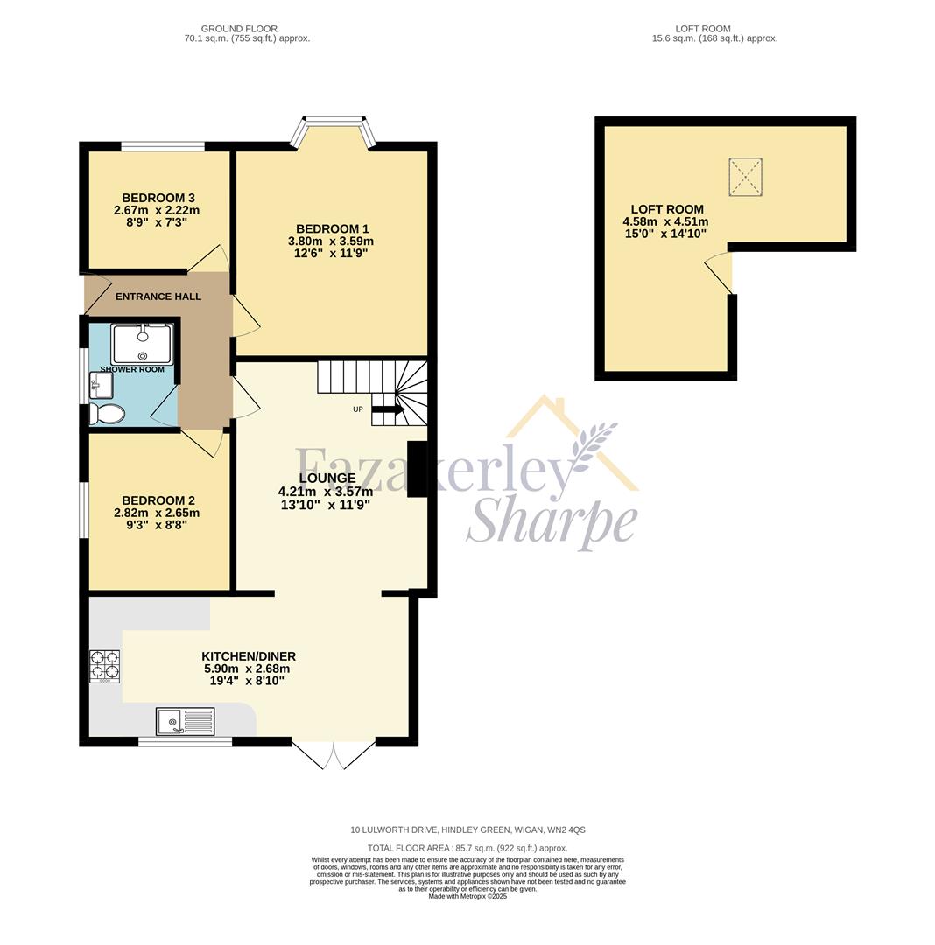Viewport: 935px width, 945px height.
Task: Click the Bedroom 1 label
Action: (331, 228)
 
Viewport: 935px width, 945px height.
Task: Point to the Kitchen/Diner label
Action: (249, 656)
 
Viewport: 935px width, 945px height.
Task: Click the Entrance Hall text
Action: (158, 297)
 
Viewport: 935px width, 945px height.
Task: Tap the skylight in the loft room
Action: (745, 177)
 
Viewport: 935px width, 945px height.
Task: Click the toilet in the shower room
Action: (105, 414)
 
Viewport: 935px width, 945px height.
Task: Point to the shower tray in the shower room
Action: (142, 344)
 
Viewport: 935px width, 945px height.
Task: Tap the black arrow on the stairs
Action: (388, 409)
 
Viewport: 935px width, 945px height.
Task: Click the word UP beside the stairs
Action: (358, 409)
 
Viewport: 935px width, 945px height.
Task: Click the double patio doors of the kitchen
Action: (334, 754)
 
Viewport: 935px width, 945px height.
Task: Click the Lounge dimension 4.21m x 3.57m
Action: (326, 492)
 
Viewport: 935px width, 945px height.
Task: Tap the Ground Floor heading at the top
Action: (239, 29)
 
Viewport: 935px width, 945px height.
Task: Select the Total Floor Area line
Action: (467, 848)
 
